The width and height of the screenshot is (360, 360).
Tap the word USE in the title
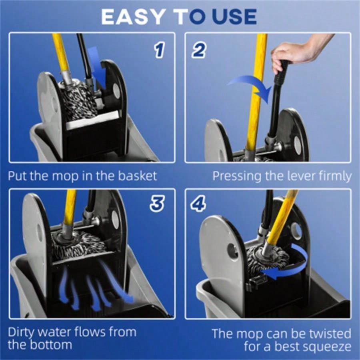click(x=234, y=17)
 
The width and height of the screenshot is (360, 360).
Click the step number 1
click(x=159, y=50)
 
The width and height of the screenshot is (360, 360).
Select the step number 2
click(x=198, y=50)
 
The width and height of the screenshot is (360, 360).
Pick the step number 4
click(x=199, y=204)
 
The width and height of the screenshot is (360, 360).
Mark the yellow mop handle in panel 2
click(x=256, y=92)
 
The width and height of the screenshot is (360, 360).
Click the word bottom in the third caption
click(x=54, y=345)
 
